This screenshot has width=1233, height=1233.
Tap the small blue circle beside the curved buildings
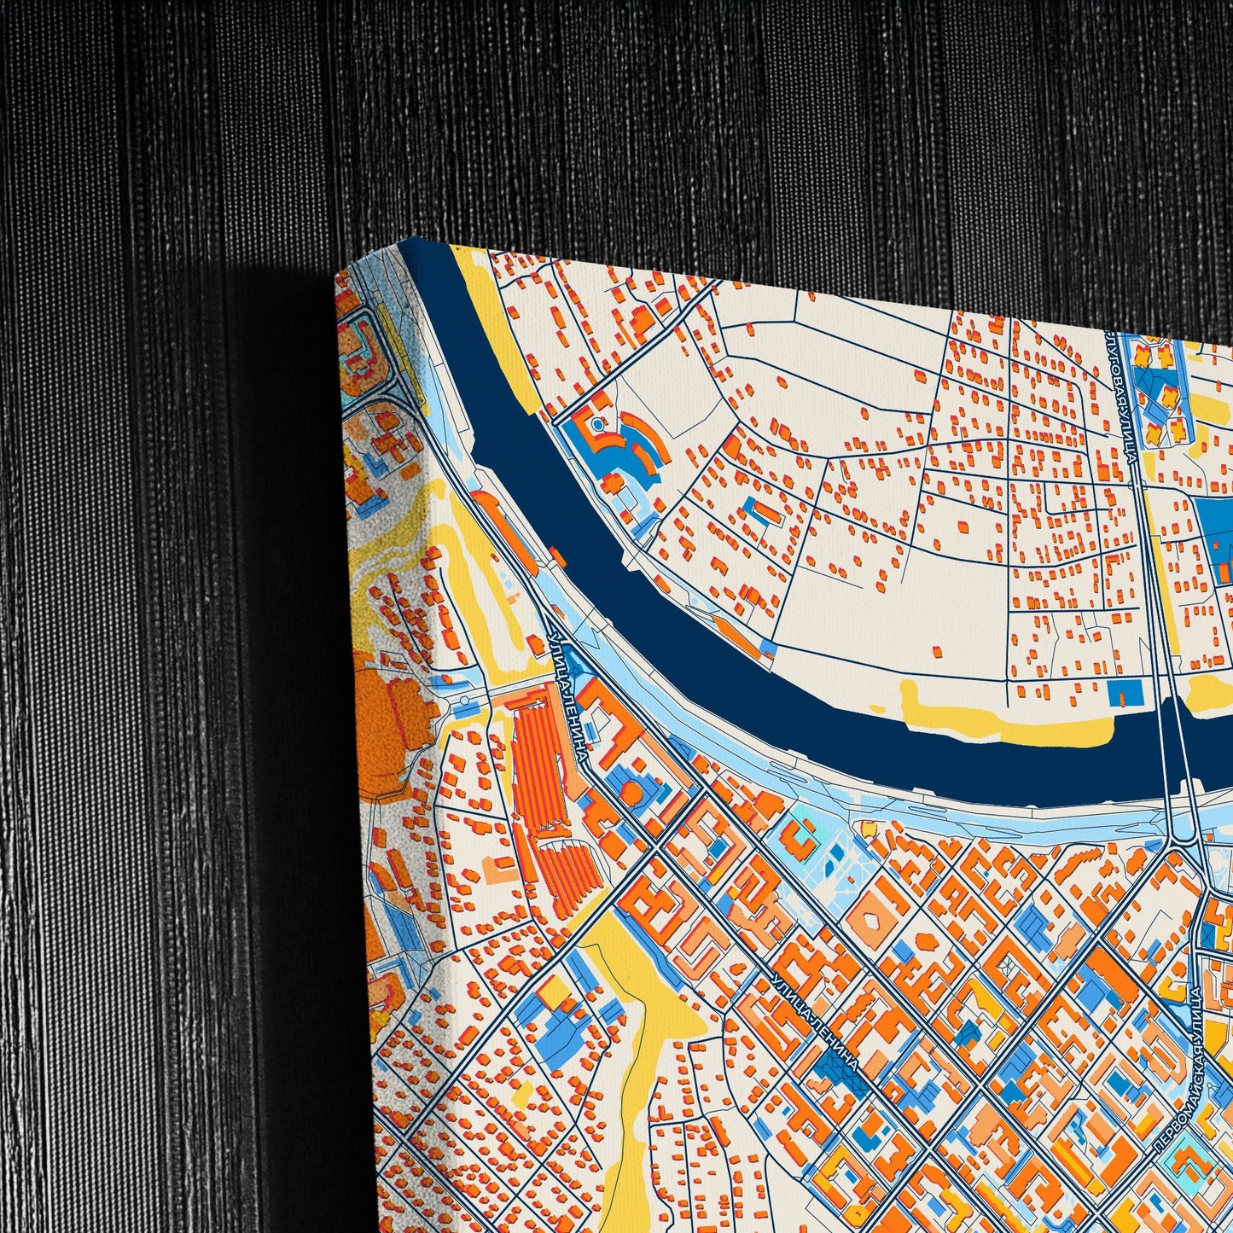click(596, 422)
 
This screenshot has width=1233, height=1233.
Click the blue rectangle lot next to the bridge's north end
click(1123, 693)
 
